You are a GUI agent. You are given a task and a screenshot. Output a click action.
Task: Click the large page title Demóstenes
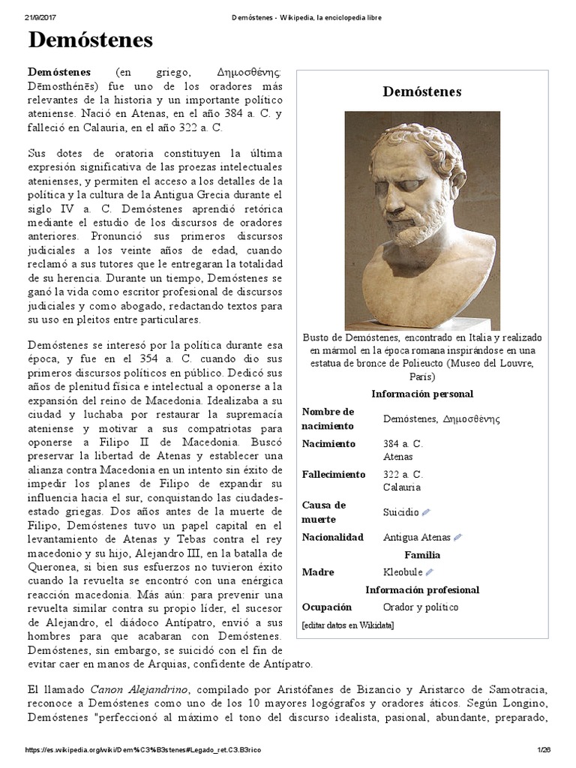click(91, 40)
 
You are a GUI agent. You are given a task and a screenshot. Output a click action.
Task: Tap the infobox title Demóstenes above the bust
click(421, 91)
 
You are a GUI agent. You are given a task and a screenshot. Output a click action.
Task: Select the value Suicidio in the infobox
click(400, 512)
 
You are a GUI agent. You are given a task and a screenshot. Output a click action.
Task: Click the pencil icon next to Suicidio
click(426, 512)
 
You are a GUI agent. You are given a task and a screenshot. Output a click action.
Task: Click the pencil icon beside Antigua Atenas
click(458, 537)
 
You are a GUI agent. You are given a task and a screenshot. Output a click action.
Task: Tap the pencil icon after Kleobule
click(430, 572)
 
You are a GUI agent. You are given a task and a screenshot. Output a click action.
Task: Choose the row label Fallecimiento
click(333, 474)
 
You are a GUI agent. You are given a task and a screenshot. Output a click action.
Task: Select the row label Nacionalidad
click(332, 537)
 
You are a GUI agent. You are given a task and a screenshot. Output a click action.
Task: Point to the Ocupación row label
click(326, 607)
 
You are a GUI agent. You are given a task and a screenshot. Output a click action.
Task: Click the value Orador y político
click(420, 607)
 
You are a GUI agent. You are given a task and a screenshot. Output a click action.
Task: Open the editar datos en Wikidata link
click(346, 625)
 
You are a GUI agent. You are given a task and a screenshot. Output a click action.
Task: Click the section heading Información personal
click(421, 394)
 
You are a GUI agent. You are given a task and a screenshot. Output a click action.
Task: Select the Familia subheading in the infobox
click(421, 555)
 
